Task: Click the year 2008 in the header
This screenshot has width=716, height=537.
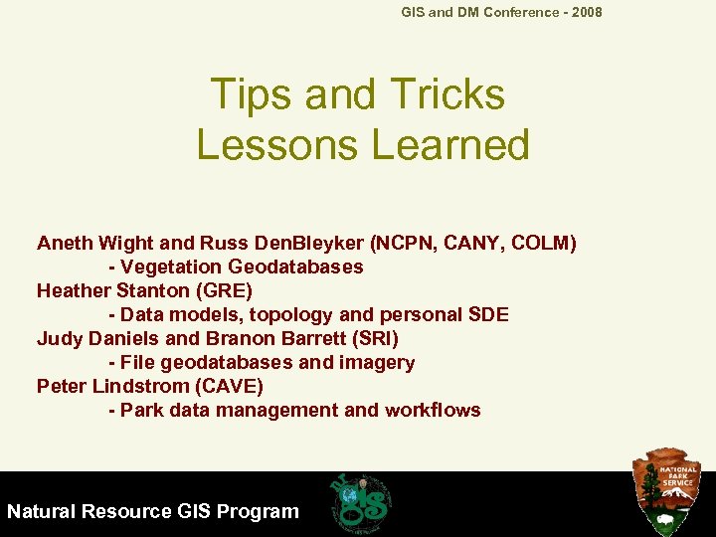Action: tap(585, 12)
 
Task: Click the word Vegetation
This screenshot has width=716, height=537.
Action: tap(173, 267)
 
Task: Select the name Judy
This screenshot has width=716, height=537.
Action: tap(59, 338)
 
